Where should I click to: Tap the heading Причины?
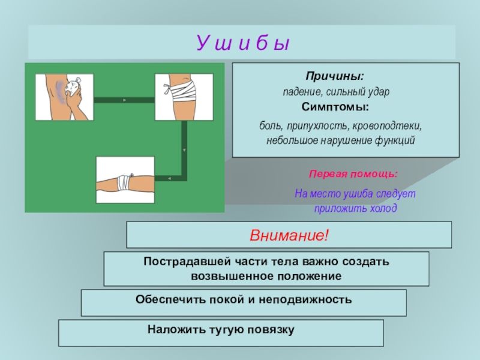pyautogui.click(x=335, y=77)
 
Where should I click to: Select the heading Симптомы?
pyautogui.click(x=335, y=106)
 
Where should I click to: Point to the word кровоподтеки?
pyautogui.click(x=391, y=127)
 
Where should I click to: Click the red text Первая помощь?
pyautogui.click(x=353, y=174)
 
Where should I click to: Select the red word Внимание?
pyautogui.click(x=289, y=235)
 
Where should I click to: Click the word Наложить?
pyautogui.click(x=169, y=329)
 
